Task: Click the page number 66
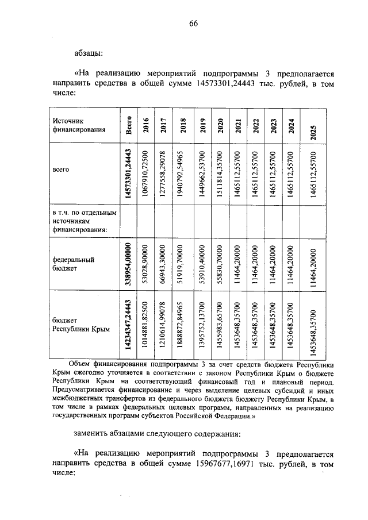click(193, 24)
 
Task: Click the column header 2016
click(146, 125)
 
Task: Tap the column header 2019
click(202, 125)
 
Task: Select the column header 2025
click(313, 125)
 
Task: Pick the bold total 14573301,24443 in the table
click(129, 174)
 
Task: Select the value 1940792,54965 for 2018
click(183, 174)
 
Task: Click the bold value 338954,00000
click(129, 263)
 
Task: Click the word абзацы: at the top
click(89, 53)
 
